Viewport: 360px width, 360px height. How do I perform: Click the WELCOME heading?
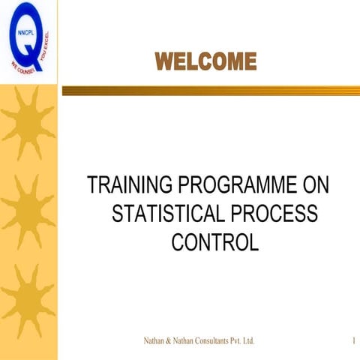click(x=206, y=61)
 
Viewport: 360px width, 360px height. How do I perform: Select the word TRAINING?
click(x=127, y=184)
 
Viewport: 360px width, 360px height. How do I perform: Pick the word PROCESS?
click(x=276, y=214)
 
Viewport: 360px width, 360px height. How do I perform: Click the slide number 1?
click(x=352, y=341)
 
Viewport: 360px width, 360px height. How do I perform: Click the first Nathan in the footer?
click(x=155, y=341)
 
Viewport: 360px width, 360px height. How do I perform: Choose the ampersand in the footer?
click(x=172, y=341)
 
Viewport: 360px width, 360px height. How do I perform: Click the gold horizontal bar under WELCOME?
click(x=210, y=90)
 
